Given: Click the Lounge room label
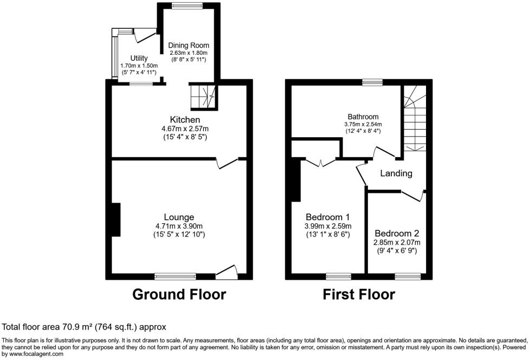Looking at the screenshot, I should coord(181,217).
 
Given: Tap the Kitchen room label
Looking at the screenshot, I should coord(185,119).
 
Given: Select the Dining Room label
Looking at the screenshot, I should coord(188,45).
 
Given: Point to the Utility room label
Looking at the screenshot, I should coord(138,58).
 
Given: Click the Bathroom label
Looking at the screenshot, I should coord(363,117).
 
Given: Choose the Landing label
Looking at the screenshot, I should coord(396,173).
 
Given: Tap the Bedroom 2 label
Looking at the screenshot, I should coord(397,234).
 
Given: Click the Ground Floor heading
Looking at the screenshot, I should coord(179,294).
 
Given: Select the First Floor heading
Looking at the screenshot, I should coord(359,294).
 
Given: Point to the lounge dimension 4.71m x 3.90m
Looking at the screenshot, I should coord(181,226).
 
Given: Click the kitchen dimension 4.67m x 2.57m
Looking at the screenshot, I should coord(185,128).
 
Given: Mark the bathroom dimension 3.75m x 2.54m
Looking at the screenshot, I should coord(363,124).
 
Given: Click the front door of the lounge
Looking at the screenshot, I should coord(227,271).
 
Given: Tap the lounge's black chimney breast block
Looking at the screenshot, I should coord(116,220).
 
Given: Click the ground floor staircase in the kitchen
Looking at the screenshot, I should coord(202,96).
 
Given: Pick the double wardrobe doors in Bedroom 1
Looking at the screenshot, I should coord(320,161).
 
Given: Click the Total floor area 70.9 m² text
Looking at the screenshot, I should coord(84,327).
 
